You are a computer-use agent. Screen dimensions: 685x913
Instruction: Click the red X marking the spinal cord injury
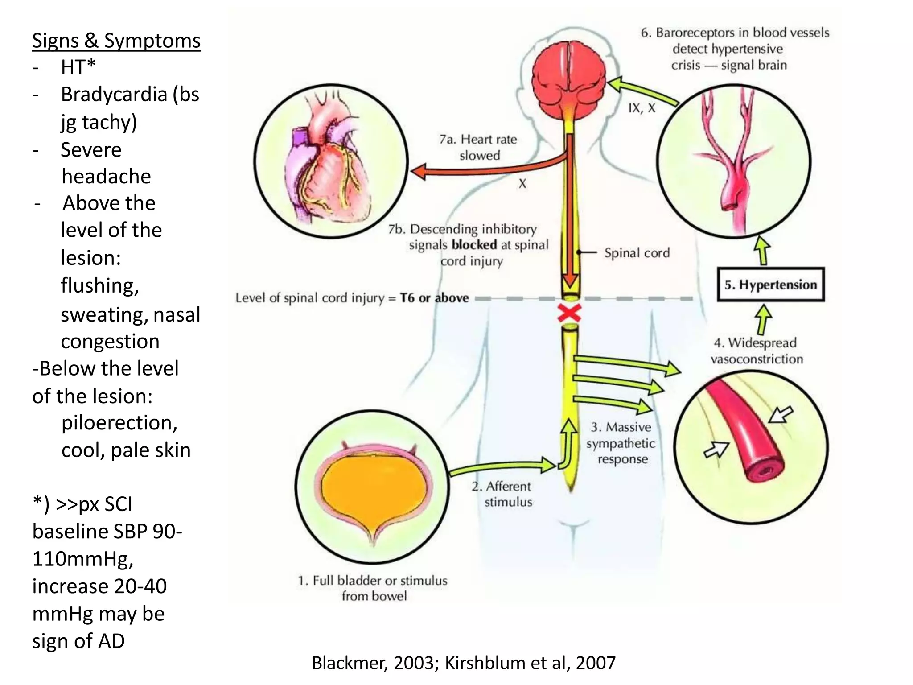(569, 314)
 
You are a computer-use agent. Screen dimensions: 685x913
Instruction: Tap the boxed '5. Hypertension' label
(771, 285)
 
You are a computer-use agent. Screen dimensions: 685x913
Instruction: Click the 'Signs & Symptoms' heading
(116, 41)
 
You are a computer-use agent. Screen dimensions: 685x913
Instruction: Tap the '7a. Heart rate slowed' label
(479, 147)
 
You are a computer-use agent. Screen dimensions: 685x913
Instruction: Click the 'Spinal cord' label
(637, 253)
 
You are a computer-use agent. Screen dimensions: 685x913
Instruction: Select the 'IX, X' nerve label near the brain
(642, 108)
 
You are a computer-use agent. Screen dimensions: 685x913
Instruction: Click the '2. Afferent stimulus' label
(502, 494)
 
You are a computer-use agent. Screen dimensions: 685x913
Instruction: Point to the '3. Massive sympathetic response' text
(621, 443)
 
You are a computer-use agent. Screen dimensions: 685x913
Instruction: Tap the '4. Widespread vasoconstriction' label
(757, 351)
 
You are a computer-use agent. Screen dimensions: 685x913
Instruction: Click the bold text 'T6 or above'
(434, 298)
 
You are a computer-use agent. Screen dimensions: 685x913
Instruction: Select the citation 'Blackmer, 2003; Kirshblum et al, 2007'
(464, 663)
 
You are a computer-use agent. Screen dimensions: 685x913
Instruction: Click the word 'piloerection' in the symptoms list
(119, 423)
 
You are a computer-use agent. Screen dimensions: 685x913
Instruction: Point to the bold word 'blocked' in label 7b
(474, 245)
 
